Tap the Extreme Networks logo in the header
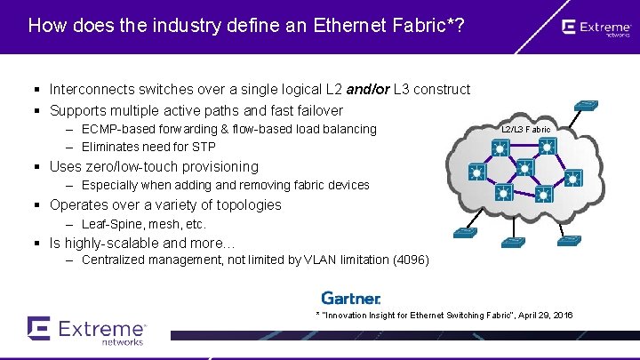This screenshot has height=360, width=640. click(x=596, y=28)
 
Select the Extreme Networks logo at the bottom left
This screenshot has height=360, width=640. click(x=86, y=330)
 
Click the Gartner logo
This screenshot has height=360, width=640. click(x=350, y=299)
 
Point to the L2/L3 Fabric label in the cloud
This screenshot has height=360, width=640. click(x=525, y=130)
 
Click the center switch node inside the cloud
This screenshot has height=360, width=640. click(x=524, y=167)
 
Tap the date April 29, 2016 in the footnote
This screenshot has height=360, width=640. click(x=540, y=316)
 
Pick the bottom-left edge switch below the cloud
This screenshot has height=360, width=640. click(x=464, y=233)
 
